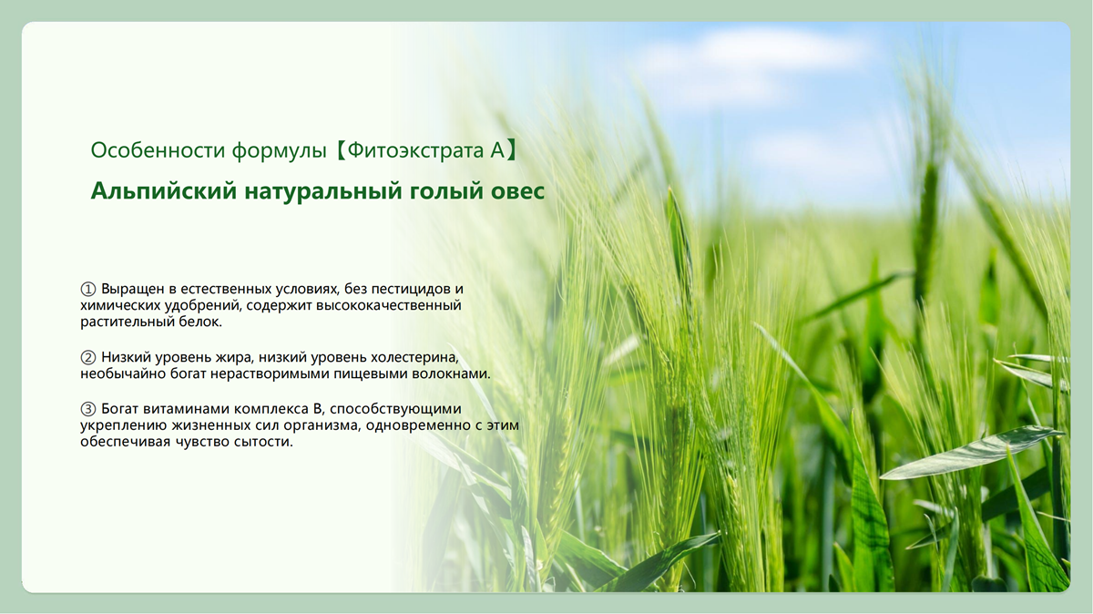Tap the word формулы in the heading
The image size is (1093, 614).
[x=279, y=151]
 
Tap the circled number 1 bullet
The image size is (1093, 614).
[x=87, y=289]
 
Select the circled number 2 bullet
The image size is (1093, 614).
[x=87, y=358]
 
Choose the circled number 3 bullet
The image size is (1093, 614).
[x=87, y=409]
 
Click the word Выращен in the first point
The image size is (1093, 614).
[x=133, y=289]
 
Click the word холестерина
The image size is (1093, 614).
[x=414, y=358]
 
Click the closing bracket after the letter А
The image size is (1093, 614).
[x=511, y=150]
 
